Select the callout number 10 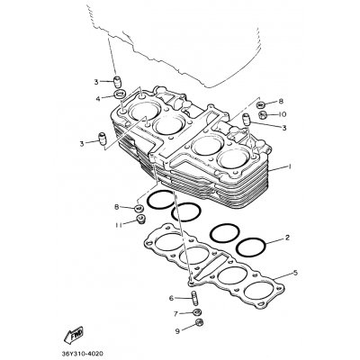coord(282,115)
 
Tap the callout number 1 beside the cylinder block coord(290,167)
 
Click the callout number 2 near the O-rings coord(286,238)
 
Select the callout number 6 coord(171,298)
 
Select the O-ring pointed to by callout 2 coord(253,246)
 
